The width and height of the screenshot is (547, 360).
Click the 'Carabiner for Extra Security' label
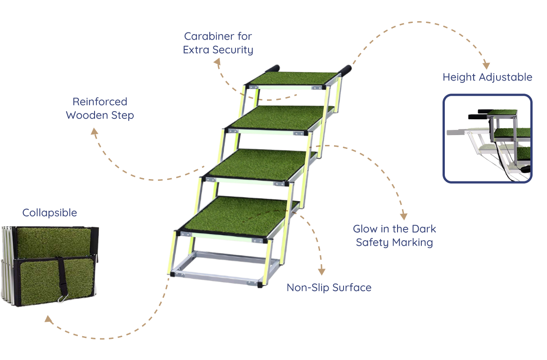pos(218,43)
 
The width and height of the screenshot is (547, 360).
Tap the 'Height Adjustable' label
pos(487,77)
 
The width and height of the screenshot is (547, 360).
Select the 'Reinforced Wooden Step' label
pos(100,108)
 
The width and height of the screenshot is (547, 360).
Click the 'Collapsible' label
pos(50,212)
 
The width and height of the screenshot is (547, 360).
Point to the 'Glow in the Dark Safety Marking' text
pos(394,235)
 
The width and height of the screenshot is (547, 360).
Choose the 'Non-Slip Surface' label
pos(329,287)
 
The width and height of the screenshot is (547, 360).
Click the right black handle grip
pos(346,69)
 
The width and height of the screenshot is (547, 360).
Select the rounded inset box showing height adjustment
pos(488,138)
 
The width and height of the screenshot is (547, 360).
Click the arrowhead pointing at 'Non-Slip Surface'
pos(321,272)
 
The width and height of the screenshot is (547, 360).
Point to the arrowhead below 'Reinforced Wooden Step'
pos(94,131)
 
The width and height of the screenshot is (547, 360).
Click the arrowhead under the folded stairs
pos(48,319)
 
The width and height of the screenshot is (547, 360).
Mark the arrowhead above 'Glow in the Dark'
pos(404,216)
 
